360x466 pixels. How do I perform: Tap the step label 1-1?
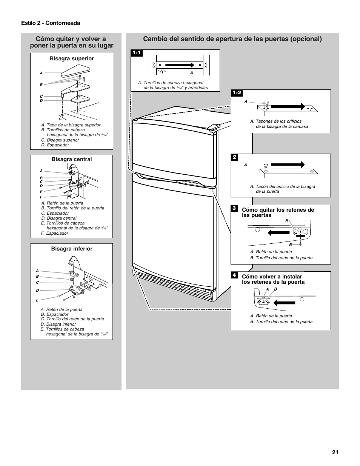point(136,53)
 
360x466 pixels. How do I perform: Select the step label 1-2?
point(237,93)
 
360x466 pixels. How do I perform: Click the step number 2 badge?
point(234,157)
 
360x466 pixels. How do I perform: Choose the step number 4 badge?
point(234,275)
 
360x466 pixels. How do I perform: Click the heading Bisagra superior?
point(72,58)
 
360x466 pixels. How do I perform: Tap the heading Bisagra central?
point(72,159)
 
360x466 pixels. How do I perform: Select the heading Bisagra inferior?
point(72,249)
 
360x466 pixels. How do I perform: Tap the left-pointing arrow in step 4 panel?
point(284,302)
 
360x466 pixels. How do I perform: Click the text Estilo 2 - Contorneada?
point(51,23)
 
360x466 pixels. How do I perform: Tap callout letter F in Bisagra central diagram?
point(42,197)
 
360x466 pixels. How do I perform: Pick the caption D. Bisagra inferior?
point(58,324)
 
